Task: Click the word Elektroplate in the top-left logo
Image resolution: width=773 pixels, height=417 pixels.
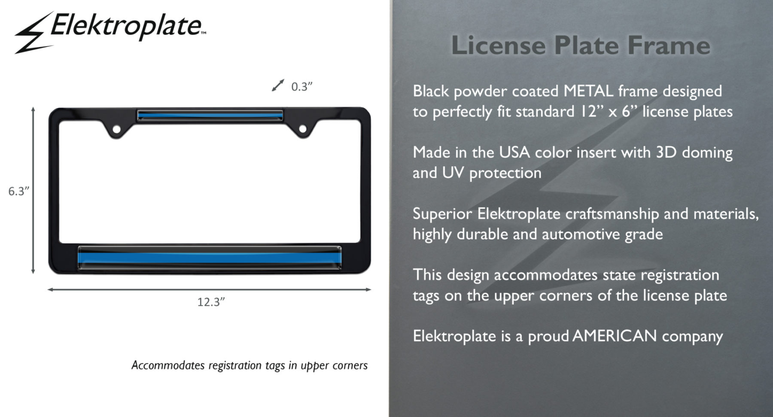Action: click(x=126, y=26)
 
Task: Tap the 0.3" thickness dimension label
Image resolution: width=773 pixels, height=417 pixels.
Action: click(x=301, y=87)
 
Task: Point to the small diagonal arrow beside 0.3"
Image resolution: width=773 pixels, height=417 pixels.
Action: click(x=278, y=85)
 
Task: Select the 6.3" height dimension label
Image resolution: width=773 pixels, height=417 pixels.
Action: click(x=18, y=191)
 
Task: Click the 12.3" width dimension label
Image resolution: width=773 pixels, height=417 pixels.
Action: click(x=211, y=302)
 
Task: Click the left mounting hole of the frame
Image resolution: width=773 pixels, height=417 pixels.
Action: click(x=116, y=129)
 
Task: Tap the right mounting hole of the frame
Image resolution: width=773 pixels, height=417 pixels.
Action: click(x=303, y=129)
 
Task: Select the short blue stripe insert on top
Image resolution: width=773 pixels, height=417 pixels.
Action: click(x=210, y=115)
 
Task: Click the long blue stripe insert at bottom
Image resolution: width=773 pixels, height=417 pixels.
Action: click(x=210, y=258)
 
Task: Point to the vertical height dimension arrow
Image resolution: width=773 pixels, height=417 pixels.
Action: click(x=33, y=191)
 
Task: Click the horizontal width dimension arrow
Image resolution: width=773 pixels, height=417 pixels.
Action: click(x=209, y=289)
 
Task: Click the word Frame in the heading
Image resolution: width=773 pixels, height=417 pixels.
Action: click(x=669, y=45)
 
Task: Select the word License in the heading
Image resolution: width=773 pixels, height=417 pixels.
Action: click(x=498, y=45)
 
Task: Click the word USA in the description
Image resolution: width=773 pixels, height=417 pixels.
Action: click(x=514, y=152)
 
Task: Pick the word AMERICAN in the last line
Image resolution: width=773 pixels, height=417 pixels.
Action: click(x=615, y=336)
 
